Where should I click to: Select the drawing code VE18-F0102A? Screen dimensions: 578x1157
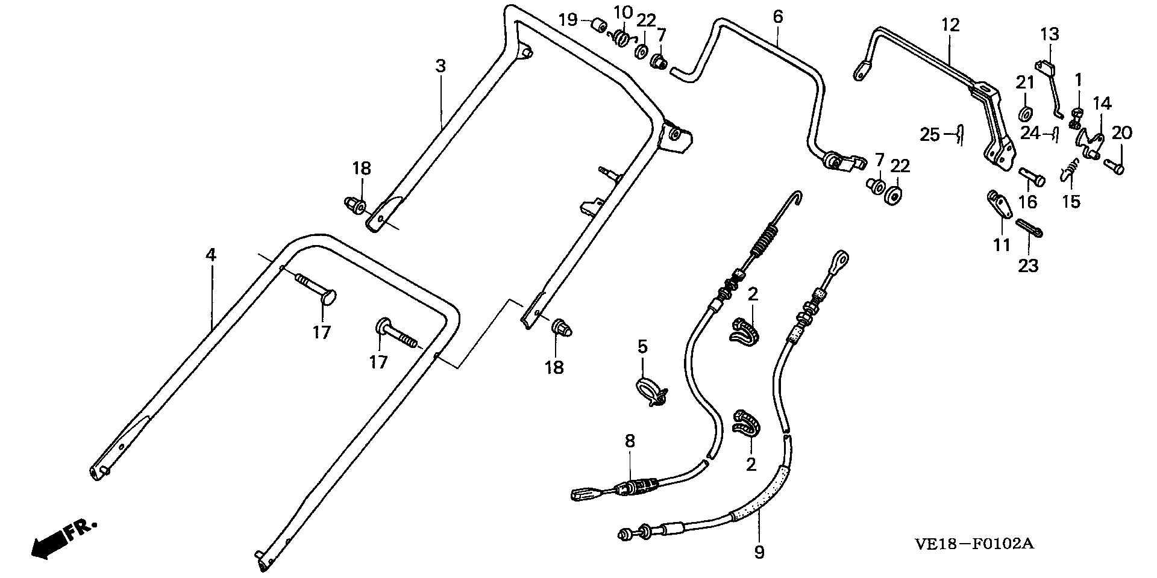coord(974,544)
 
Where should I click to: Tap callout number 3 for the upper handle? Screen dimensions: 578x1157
coord(441,66)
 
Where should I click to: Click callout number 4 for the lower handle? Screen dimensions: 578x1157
coord(210,255)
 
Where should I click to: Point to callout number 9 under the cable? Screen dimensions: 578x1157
coord(759,552)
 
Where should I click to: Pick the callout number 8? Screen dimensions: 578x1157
coord(630,441)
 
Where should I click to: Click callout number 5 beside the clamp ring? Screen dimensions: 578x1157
coord(642,347)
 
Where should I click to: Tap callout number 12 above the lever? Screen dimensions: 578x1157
coord(950,25)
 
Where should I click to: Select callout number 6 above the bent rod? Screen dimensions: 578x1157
coord(777,17)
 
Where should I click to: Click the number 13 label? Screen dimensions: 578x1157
coord(1049,34)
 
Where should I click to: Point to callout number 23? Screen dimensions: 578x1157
coord(1028,266)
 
